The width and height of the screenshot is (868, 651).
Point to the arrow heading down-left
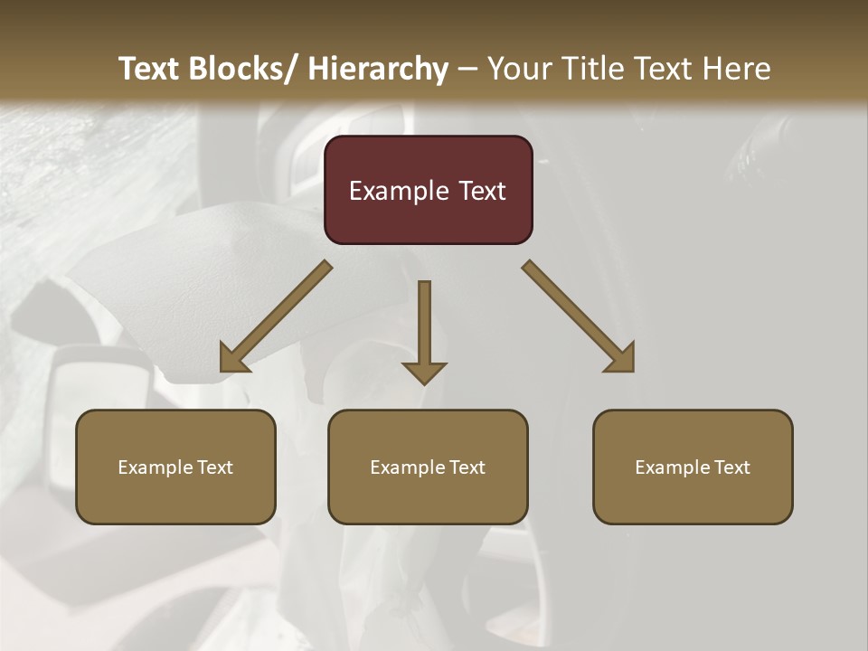click(277, 316)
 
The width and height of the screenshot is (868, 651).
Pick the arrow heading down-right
click(578, 316)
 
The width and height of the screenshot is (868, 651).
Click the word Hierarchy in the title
click(377, 69)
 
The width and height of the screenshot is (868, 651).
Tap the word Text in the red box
click(482, 192)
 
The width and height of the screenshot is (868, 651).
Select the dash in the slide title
click(467, 70)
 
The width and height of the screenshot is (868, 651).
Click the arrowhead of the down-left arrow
click(231, 360)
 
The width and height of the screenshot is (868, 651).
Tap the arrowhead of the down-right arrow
click(623, 360)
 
